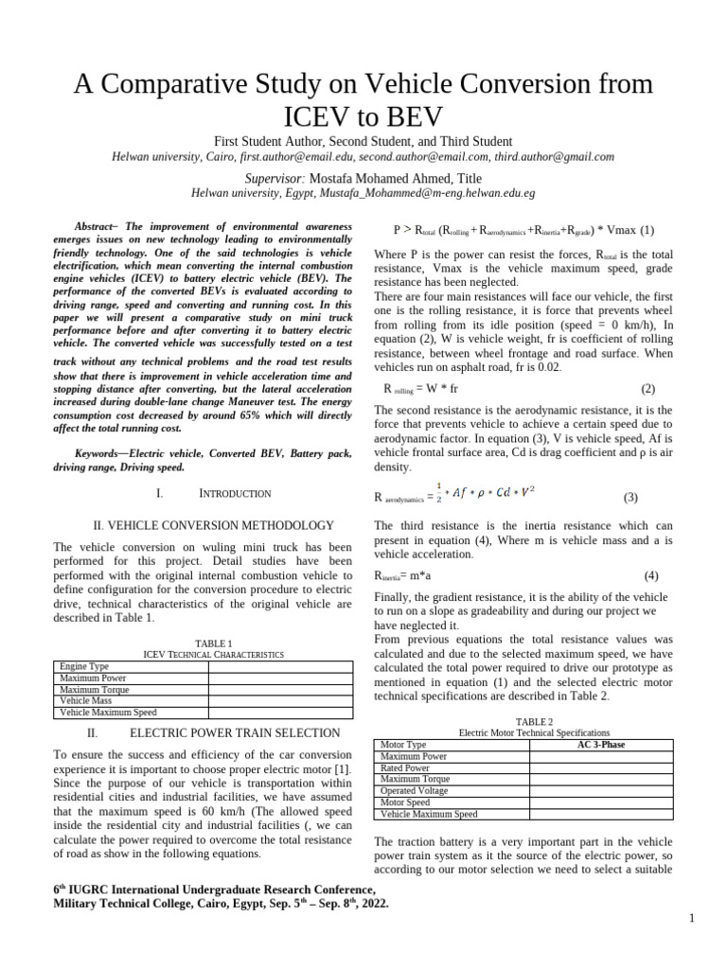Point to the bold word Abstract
(93, 227)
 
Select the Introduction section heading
(235, 493)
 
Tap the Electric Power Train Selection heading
(235, 732)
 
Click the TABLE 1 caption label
(212, 643)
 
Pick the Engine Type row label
(84, 667)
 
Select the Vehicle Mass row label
(86, 701)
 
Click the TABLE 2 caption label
(534, 721)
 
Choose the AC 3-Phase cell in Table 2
(600, 745)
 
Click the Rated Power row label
(404, 768)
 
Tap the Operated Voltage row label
(414, 790)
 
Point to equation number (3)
(630, 498)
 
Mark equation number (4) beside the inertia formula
(651, 575)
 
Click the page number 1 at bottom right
(692, 919)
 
